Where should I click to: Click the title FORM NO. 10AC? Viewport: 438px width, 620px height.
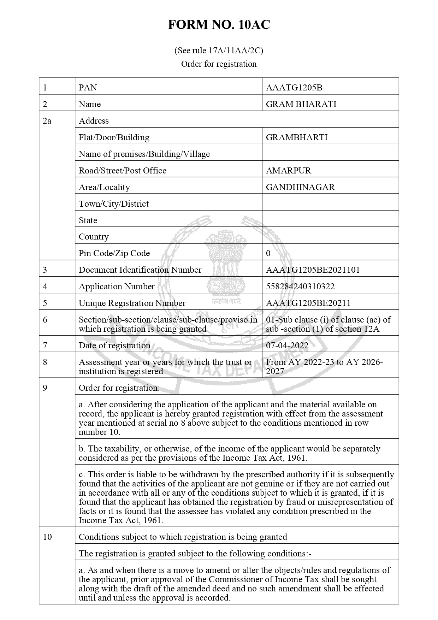tap(219, 25)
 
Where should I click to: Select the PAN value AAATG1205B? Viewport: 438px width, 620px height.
tap(291, 88)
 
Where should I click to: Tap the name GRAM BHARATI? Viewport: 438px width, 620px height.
tap(301, 104)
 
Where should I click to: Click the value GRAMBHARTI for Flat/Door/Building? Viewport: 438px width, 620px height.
tap(297, 137)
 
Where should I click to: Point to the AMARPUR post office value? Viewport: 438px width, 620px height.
tap(289, 171)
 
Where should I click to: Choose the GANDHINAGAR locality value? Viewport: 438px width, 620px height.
tap(300, 187)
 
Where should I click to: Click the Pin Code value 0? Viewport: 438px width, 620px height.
tap(268, 253)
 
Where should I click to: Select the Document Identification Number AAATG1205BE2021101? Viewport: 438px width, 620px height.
tap(313, 270)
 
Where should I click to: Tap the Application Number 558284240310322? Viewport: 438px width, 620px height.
tap(300, 287)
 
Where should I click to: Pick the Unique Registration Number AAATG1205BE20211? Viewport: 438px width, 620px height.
tap(308, 303)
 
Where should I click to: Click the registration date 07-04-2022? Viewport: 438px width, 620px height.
tap(287, 346)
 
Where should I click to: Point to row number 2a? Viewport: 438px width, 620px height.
tap(47, 121)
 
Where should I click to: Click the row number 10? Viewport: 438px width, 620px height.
tap(47, 537)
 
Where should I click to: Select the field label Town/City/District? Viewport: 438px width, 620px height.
tap(114, 204)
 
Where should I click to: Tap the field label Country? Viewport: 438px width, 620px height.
tap(94, 237)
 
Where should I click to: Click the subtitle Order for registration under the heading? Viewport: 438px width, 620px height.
tap(219, 64)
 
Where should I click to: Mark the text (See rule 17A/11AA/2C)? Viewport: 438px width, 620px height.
tap(219, 51)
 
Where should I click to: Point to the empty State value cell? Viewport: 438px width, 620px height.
tap(330, 220)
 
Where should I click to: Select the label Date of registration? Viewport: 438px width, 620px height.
tap(114, 346)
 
